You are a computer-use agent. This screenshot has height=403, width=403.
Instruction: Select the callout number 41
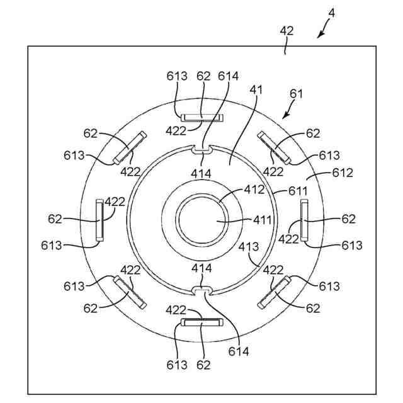[256, 90]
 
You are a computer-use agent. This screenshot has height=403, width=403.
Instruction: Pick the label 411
[263, 220]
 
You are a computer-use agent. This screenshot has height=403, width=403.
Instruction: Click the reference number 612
[343, 173]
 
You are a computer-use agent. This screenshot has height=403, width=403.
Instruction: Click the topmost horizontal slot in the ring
[201, 117]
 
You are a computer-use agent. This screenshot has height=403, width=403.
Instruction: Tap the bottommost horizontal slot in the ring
[201, 322]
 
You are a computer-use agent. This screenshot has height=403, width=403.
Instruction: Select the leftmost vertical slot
[99, 220]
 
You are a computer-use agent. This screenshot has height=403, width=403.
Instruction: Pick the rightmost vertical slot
[304, 220]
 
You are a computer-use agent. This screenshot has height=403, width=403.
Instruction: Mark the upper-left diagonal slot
[129, 147]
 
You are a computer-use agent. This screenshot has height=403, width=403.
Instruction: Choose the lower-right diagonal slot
[274, 292]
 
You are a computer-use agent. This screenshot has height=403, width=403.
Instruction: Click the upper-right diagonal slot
[275, 147]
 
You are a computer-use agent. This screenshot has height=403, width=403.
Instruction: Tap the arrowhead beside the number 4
[320, 35]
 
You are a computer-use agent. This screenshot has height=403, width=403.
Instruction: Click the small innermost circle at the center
[201, 221]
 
